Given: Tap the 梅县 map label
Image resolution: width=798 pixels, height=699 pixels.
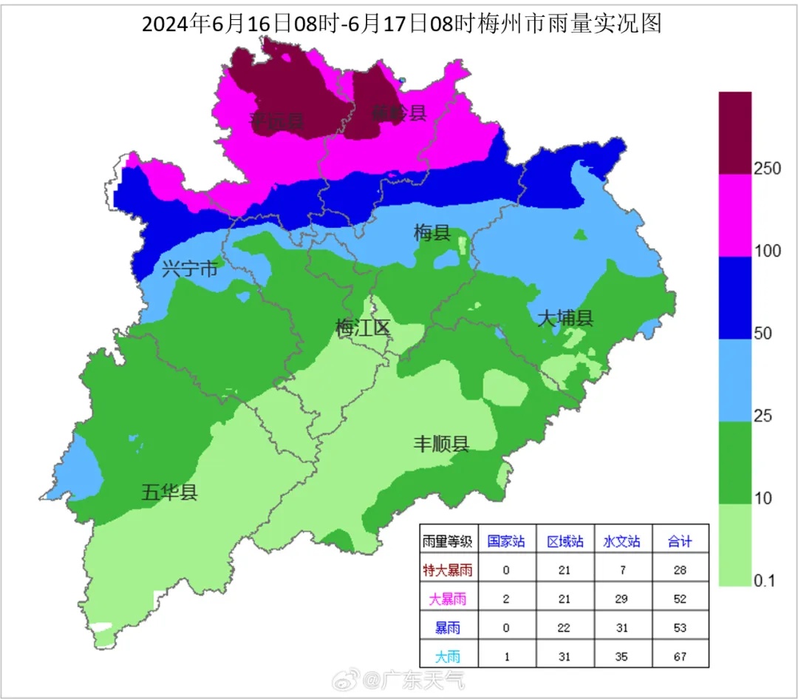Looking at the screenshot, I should point(432,234).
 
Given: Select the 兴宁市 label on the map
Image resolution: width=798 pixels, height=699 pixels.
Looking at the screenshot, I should point(190,269).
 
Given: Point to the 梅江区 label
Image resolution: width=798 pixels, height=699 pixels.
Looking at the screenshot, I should point(362,328).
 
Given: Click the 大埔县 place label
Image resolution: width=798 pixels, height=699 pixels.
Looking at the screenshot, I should point(565,318).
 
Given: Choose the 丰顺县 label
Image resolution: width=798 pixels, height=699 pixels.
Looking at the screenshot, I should point(440,444).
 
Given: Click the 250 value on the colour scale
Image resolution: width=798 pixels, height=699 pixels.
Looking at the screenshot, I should point(767,169).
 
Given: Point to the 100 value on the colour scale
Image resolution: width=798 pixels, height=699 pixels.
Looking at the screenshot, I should point(767,251).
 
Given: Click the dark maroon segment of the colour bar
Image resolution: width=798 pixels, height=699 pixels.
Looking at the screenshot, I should point(735,133).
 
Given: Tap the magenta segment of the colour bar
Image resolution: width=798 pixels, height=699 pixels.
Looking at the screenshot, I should point(735,215).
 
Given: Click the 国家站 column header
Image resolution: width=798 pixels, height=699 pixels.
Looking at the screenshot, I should point(506,541).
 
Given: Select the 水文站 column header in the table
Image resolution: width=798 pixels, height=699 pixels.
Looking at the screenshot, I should point(621,541).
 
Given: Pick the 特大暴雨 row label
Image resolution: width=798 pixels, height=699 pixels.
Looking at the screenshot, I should point(448,570).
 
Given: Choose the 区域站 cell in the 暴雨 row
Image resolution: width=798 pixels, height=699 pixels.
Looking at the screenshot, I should point(565,627).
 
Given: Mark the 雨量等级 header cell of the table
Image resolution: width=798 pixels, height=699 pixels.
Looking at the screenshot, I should point(448,541).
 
